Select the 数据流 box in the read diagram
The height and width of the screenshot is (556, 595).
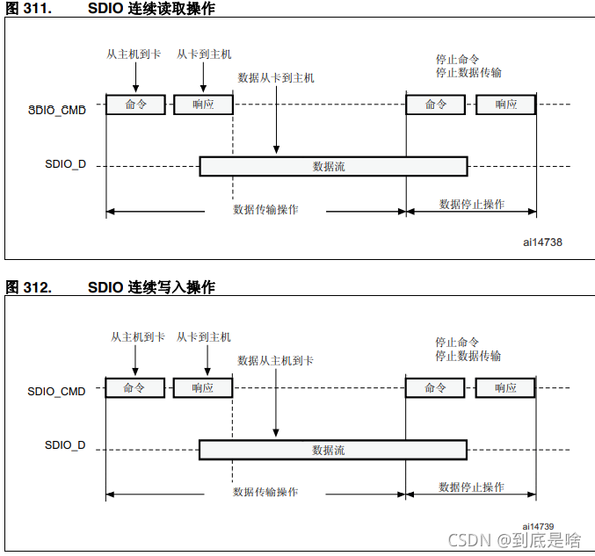[333, 166]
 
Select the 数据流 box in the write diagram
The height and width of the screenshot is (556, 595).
[332, 450]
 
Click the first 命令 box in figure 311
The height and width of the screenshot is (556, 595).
[135, 105]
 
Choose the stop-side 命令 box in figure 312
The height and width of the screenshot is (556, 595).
[435, 387]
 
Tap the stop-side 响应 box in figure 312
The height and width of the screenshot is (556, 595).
[505, 387]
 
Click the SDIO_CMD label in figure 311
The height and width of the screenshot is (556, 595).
[57, 111]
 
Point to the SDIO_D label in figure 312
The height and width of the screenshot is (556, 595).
[65, 445]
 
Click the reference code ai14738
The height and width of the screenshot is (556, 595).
[542, 242]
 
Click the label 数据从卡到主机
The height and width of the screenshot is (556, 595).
[276, 77]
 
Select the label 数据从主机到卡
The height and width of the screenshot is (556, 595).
[276, 360]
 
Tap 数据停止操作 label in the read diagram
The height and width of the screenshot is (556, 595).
[472, 204]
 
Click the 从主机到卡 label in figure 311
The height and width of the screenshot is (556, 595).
[134, 54]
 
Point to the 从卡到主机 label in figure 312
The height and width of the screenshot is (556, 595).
[204, 336]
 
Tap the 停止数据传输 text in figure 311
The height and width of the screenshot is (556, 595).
[469, 72]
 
